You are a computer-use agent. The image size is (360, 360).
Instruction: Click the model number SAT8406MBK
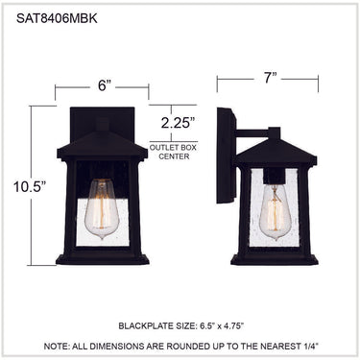pyautogui.click(x=57, y=18)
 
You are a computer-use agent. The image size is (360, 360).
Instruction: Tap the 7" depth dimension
pyautogui.click(x=270, y=78)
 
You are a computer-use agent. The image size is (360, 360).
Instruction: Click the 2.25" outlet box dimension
pyautogui.click(x=178, y=123)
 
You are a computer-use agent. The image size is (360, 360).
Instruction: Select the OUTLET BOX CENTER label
pyautogui.click(x=174, y=153)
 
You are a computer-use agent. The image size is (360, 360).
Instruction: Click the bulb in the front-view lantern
pyautogui.click(x=102, y=209)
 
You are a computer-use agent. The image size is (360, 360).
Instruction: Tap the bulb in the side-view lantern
pyautogui.click(x=275, y=212)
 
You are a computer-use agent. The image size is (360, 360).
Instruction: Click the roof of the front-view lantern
pyautogui.click(x=103, y=145)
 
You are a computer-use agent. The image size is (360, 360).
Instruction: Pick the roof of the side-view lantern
pyautogui.click(x=276, y=152)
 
